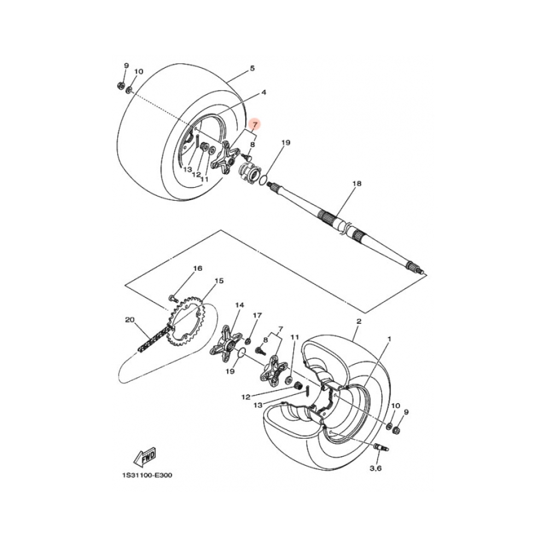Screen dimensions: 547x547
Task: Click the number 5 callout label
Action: [252, 68]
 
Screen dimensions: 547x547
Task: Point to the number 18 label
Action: [357, 185]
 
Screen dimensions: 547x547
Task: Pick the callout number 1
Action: [389, 339]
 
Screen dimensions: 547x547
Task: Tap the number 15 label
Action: [219, 281]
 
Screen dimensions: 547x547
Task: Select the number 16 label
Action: [197, 269]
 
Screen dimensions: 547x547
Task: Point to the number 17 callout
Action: [257, 316]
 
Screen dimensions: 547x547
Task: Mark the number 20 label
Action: [129, 320]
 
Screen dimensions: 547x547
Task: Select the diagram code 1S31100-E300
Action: [144, 475]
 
